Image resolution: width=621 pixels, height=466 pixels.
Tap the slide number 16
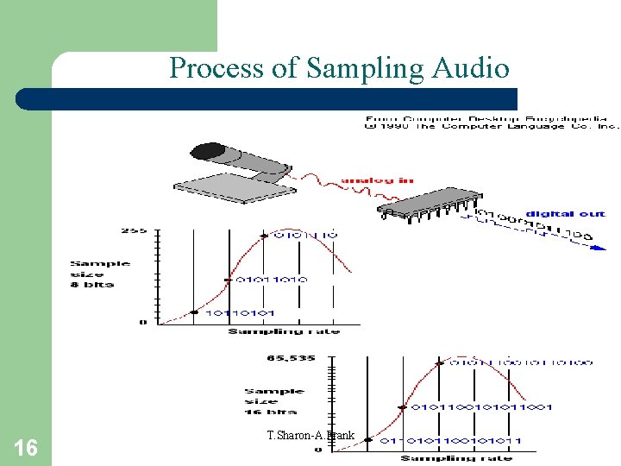26,447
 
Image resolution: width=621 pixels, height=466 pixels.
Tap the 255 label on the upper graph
131,231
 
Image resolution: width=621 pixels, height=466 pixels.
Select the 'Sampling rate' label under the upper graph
284,331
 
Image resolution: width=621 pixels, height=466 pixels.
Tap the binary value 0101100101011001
481,406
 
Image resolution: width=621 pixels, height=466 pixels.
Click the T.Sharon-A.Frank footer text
310,435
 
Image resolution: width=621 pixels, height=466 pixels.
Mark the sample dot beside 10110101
194,312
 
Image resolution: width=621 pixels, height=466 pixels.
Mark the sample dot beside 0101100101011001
402,406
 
